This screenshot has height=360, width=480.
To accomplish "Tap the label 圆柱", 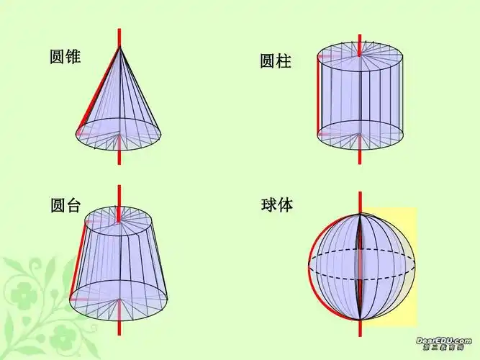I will pos(276,61).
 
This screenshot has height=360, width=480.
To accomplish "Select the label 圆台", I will pos(65,205).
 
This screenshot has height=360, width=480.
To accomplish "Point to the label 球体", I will pos(277,204).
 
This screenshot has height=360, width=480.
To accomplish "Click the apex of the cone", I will pos(119,46).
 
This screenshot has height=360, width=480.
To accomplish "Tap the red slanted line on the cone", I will pos(98,89).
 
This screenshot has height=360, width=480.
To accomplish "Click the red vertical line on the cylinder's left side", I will pos(317,94).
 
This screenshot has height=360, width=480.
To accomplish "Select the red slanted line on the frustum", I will pos(78,259).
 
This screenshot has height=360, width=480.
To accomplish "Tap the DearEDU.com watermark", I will pos(443,340).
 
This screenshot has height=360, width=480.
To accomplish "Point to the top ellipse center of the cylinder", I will pos(359,55).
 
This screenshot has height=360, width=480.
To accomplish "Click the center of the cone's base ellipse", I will pos(119,134).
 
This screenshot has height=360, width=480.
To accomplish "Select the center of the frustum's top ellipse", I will pos(119,220).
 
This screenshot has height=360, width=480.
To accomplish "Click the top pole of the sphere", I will pos(360,214).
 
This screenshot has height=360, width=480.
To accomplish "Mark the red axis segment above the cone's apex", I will pos(119,36).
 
